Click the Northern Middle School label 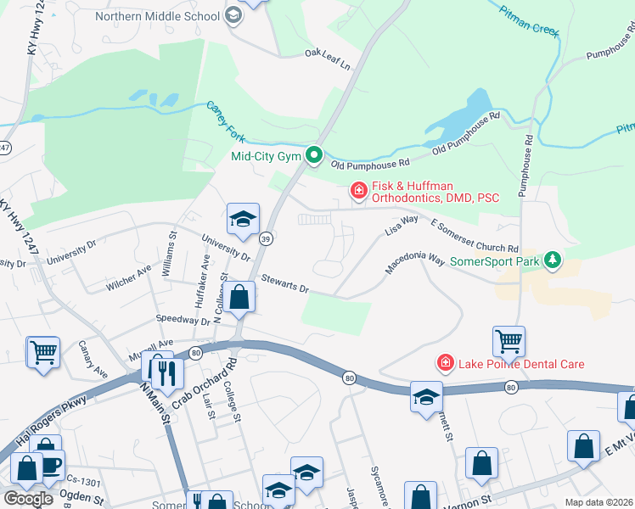point(157,16)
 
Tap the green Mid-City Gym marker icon point(314,155)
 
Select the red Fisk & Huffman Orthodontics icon point(358,191)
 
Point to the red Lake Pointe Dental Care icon point(443,363)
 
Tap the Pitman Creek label point(530,20)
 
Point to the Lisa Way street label point(402,225)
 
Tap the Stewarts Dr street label point(284,283)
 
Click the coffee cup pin point(51,466)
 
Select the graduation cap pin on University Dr point(243,220)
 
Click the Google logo point(28,498)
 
